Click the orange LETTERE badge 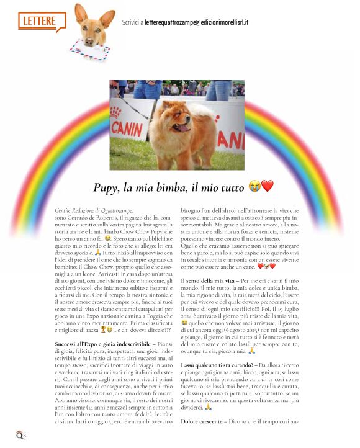pyautogui.click(x=42, y=20)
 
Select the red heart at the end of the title pyautogui.click(x=267, y=186)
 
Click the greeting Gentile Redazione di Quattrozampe pyautogui.click(x=94, y=212)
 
